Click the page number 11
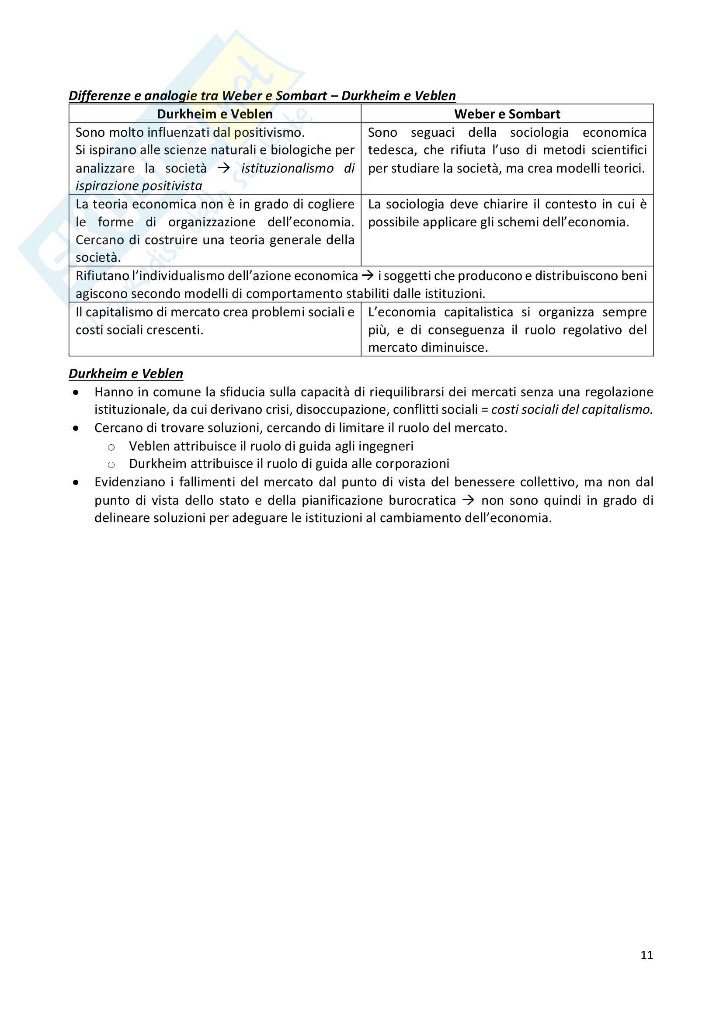point(647,955)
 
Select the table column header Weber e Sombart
point(507,114)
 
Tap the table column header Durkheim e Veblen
point(215,114)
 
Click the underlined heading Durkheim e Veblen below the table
point(126,374)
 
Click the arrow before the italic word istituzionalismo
point(223,168)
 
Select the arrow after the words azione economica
point(367,276)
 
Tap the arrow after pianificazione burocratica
point(468,500)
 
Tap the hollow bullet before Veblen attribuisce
point(111,447)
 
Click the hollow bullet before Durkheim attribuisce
point(111,465)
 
